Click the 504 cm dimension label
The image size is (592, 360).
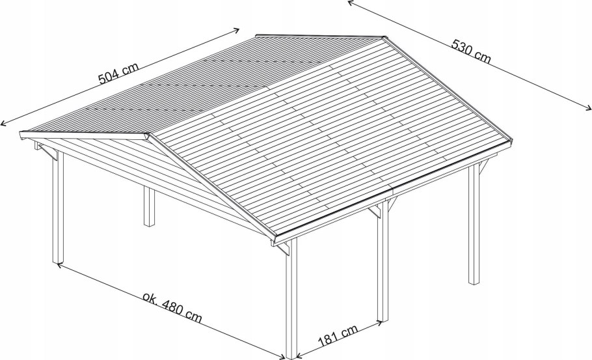118,73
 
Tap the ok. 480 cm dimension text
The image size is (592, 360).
172,307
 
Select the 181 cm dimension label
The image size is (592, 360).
338,335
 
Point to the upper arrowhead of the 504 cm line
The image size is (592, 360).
237,29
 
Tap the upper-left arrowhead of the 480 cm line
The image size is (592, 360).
59,265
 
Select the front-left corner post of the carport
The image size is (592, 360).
58,206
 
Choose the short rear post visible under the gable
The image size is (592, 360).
149,206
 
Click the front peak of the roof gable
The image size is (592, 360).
148,135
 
